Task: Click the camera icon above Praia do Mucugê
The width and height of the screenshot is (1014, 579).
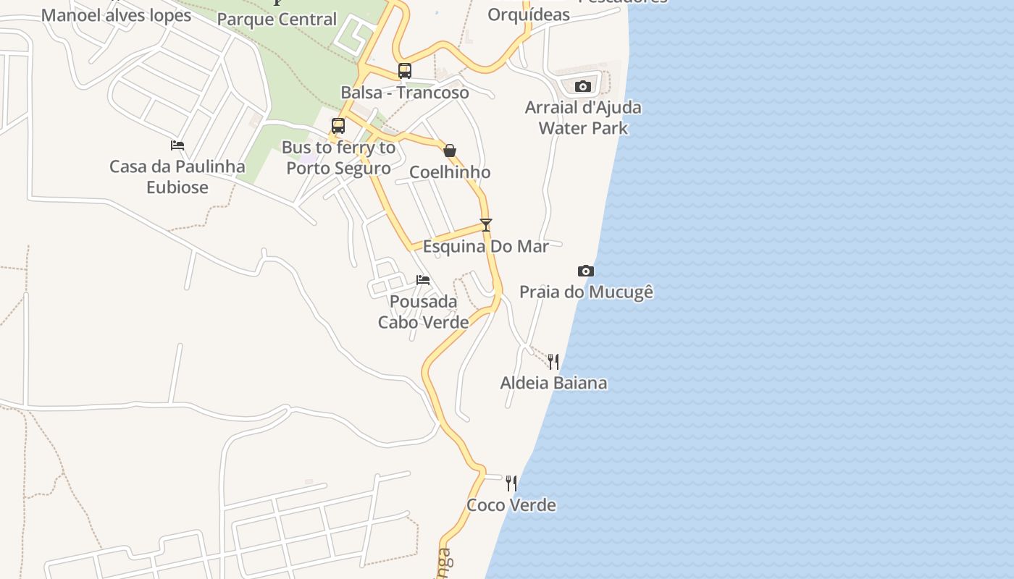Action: click(x=586, y=271)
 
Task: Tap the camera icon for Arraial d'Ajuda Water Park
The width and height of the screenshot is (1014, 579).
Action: click(x=583, y=87)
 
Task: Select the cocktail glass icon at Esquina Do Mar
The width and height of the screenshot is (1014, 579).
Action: click(x=486, y=225)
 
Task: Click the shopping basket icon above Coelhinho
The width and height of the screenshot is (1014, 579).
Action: click(x=450, y=151)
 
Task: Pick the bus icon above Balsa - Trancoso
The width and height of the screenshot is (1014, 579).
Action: click(x=405, y=71)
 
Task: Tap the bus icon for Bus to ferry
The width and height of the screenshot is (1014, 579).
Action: click(x=338, y=126)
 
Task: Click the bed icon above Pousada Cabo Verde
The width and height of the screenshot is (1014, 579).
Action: click(x=423, y=279)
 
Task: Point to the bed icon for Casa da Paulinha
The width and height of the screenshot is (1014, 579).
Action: click(x=177, y=145)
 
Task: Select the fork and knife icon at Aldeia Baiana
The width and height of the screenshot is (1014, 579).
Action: click(x=553, y=361)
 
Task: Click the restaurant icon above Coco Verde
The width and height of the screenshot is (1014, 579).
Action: click(x=511, y=483)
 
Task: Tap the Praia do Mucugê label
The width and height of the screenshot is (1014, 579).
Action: click(x=586, y=292)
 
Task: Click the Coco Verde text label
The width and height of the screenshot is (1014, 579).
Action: click(x=511, y=505)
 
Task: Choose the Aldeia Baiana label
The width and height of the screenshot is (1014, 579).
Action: click(x=553, y=383)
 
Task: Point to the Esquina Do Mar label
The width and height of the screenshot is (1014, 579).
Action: click(x=486, y=247)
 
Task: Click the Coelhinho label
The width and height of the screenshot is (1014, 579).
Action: click(x=450, y=172)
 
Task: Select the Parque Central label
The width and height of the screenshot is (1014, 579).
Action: click(x=277, y=20)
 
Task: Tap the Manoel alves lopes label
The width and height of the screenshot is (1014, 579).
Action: click(x=116, y=15)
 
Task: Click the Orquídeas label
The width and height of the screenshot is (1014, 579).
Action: click(x=529, y=15)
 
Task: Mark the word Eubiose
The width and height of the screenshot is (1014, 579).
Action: click(x=177, y=187)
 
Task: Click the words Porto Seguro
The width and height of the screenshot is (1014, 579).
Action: click(x=338, y=169)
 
